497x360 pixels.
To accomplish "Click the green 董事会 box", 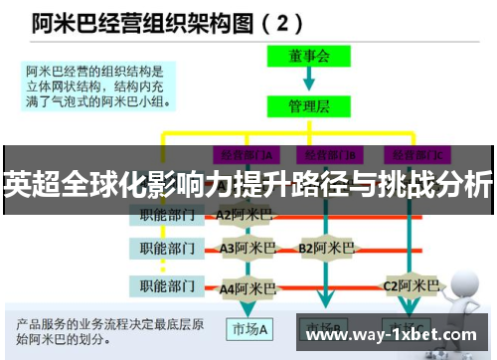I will point(308,57).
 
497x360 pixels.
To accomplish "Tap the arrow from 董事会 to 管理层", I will point(308,80).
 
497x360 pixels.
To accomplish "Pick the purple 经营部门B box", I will point(333,154).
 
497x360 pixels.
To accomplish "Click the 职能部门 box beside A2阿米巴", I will point(168,214).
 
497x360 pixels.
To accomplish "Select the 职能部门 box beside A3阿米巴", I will point(168,248).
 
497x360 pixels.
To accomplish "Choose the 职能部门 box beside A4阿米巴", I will point(168,287).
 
